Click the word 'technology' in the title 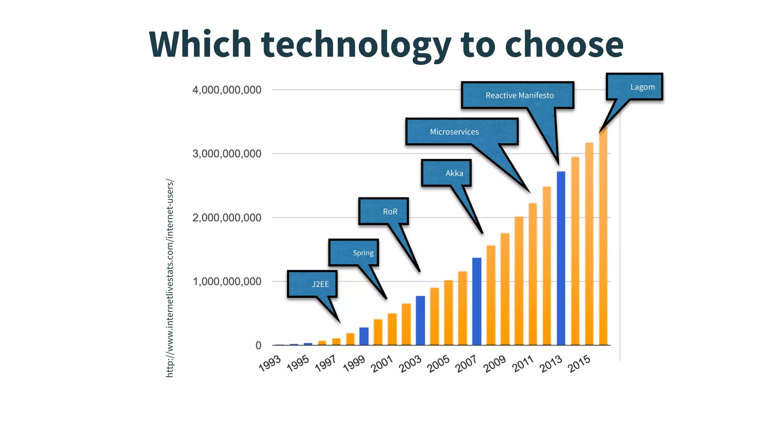click(356, 45)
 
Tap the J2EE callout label click(320, 284)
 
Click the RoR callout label click(390, 211)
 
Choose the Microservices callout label click(454, 132)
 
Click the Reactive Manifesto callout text click(519, 96)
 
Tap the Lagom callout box click(642, 87)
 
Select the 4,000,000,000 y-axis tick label click(226, 90)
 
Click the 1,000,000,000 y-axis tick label click(226, 281)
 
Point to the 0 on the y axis click(258, 345)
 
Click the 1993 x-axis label click(270, 363)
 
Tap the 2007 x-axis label click(467, 364)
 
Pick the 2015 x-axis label click(579, 364)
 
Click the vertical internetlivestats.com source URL click(170, 278)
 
